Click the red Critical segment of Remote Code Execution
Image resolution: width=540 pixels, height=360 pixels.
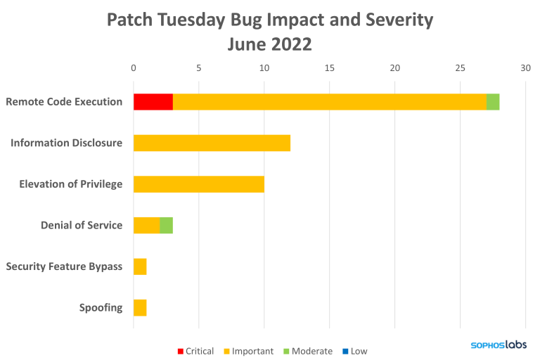(153, 102)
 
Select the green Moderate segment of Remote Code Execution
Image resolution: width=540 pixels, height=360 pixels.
(493, 102)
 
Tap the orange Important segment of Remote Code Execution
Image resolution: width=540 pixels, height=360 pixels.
(329, 102)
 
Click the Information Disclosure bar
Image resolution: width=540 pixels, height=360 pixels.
(212, 143)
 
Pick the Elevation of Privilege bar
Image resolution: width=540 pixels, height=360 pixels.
(199, 184)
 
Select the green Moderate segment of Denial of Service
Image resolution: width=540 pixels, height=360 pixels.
(167, 225)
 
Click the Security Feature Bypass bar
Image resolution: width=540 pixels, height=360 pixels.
(140, 266)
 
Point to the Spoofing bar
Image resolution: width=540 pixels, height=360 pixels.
(140, 307)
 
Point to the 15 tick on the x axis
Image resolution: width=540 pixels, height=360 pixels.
(329, 68)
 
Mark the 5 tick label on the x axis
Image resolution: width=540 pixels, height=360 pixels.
(199, 68)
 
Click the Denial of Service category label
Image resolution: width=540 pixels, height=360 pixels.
(82, 226)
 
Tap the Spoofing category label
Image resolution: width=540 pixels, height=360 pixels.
(101, 308)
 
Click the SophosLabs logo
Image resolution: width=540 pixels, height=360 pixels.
(498, 345)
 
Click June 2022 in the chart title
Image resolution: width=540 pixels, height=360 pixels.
(270, 44)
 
